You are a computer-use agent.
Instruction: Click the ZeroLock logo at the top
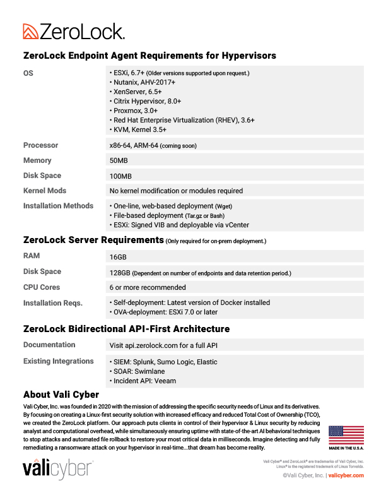74,31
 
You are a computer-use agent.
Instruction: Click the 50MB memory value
119,160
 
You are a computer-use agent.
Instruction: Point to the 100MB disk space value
120,176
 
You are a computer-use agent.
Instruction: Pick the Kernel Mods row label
45,191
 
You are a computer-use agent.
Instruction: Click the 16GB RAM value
118,257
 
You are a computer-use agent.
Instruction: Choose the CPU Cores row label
42,287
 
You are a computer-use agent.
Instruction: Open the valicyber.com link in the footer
346,475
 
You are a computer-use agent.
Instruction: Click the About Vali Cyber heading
61,395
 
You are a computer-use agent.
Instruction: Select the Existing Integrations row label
58,361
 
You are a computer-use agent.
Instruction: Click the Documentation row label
49,345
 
